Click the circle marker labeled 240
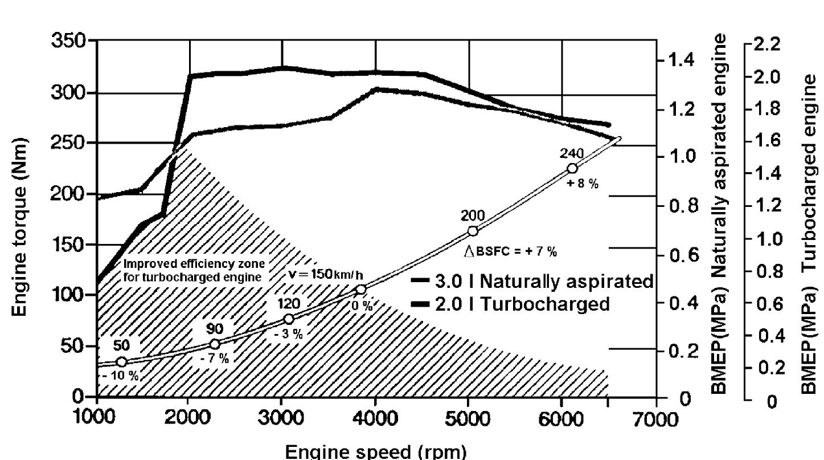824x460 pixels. pos(572,168)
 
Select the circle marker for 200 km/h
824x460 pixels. pos(473,231)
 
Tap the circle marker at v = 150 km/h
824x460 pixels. pos(360,290)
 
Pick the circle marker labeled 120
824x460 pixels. pos(289,319)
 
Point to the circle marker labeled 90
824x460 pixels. pos(215,344)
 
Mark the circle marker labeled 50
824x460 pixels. pos(121,361)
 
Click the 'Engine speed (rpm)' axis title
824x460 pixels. pos(375,451)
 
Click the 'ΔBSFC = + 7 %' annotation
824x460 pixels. pos(510,252)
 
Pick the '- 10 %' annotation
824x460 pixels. pos(121,376)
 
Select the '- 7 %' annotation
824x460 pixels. pos(214,359)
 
